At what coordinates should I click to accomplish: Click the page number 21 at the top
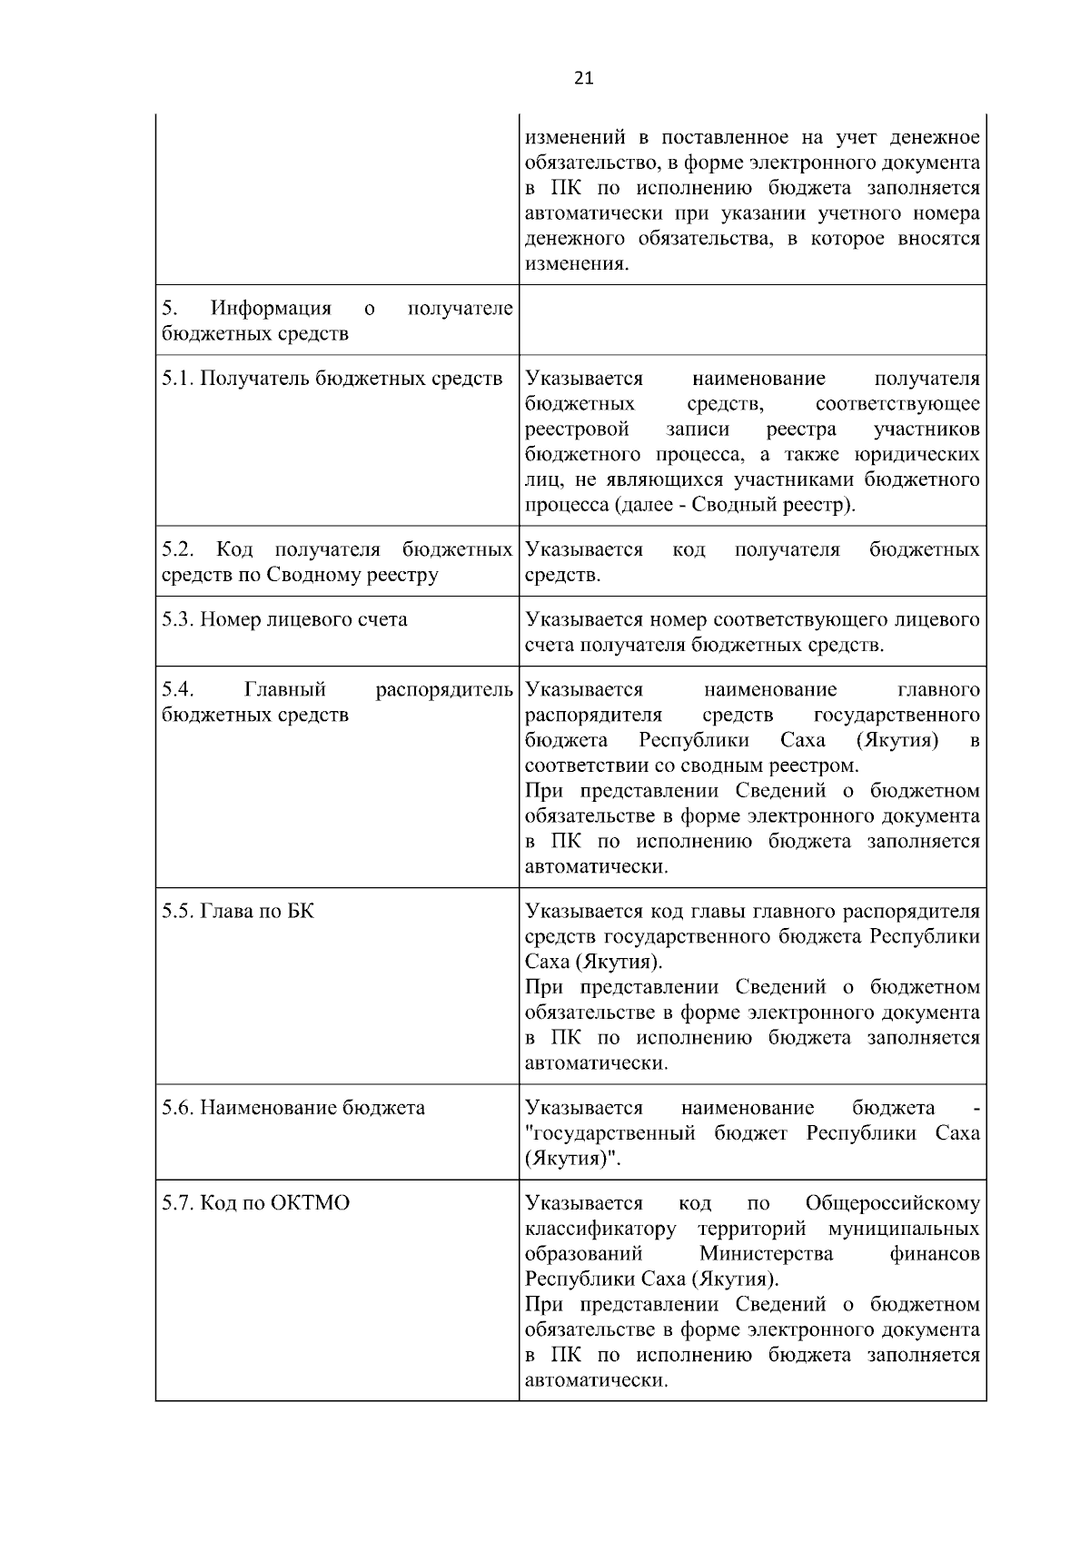(x=583, y=79)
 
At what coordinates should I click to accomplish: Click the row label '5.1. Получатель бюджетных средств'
(x=332, y=378)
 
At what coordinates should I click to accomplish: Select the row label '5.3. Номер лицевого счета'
(x=284, y=619)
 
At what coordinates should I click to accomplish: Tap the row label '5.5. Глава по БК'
(x=238, y=911)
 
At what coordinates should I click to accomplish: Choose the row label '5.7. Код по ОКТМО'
(x=255, y=1203)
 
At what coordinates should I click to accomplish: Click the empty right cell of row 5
(x=752, y=320)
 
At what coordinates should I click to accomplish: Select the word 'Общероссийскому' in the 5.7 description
(x=893, y=1203)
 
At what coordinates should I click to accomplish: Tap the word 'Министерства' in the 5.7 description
(x=767, y=1254)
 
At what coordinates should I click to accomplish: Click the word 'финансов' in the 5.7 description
(x=936, y=1254)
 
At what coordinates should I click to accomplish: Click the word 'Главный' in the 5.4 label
(x=285, y=689)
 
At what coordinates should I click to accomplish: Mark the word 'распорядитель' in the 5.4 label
(x=444, y=689)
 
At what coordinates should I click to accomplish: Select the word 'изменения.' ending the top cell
(x=577, y=264)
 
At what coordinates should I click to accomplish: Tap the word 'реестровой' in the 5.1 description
(x=577, y=429)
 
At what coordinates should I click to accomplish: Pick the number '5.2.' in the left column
(x=179, y=549)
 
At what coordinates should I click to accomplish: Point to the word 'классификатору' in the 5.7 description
(x=601, y=1229)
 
